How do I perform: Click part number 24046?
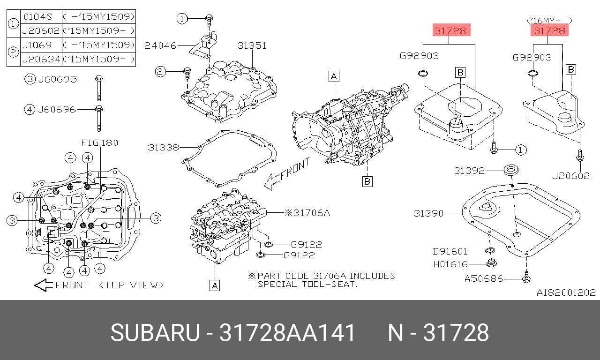coord(160,46)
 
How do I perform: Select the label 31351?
coord(252,46)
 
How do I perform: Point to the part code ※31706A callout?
coord(307,213)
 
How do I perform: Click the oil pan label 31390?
coord(428,213)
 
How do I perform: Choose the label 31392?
coord(469,171)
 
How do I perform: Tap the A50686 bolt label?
coord(484,278)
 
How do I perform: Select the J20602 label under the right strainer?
coord(570,176)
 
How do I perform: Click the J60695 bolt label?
coord(57,79)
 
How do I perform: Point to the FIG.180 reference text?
coord(99,142)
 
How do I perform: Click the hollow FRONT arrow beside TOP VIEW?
coord(44,285)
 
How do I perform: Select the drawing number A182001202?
coord(566,292)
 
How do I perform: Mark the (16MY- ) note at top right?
coord(549,20)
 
